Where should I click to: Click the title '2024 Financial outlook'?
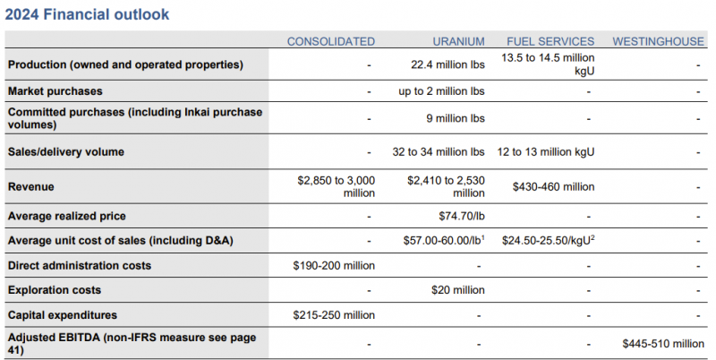pyautogui.click(x=87, y=14)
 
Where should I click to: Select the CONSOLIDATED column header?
pyautogui.click(x=331, y=41)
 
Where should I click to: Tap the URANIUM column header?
pyautogui.click(x=458, y=41)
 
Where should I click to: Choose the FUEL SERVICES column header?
pyautogui.click(x=550, y=41)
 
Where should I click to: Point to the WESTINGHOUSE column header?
pyautogui.click(x=658, y=41)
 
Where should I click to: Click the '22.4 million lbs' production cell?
pyautogui.click(x=447, y=64)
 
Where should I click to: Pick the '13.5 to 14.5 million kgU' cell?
pyautogui.click(x=548, y=64)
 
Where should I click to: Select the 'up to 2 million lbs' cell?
pyautogui.click(x=441, y=91)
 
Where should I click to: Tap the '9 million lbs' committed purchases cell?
pyautogui.click(x=456, y=118)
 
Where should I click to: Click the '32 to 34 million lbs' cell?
pyautogui.click(x=439, y=151)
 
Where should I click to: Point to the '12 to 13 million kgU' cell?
pyautogui.click(x=546, y=151)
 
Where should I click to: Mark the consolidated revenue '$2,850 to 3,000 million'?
pyautogui.click(x=337, y=187)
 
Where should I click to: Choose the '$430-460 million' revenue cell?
pyautogui.click(x=553, y=187)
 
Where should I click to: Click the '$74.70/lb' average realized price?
pyautogui.click(x=462, y=216)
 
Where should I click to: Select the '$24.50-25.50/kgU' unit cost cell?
pyautogui.click(x=548, y=240)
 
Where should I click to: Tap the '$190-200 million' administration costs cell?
pyautogui.click(x=334, y=265)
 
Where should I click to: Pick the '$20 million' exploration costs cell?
pyautogui.click(x=458, y=290)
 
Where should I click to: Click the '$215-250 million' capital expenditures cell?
pyautogui.click(x=334, y=315)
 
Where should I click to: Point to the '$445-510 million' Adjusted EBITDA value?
pyautogui.click(x=663, y=344)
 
